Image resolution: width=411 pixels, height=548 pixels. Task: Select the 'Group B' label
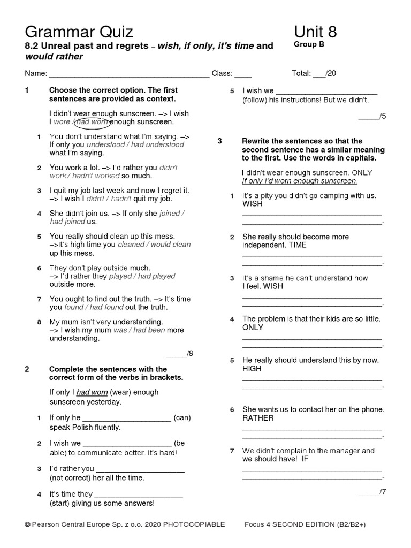(x=309, y=45)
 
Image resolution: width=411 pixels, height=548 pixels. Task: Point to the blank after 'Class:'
(x=243, y=74)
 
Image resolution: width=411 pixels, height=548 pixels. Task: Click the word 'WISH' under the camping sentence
(x=253, y=204)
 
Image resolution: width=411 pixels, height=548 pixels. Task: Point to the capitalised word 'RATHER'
(x=258, y=418)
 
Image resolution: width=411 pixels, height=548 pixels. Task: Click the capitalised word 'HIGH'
(x=252, y=369)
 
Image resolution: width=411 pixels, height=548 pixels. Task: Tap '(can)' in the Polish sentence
(x=182, y=418)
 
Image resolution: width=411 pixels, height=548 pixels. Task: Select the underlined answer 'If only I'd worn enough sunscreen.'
(x=299, y=181)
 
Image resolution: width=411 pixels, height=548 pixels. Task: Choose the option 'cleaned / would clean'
(x=154, y=245)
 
